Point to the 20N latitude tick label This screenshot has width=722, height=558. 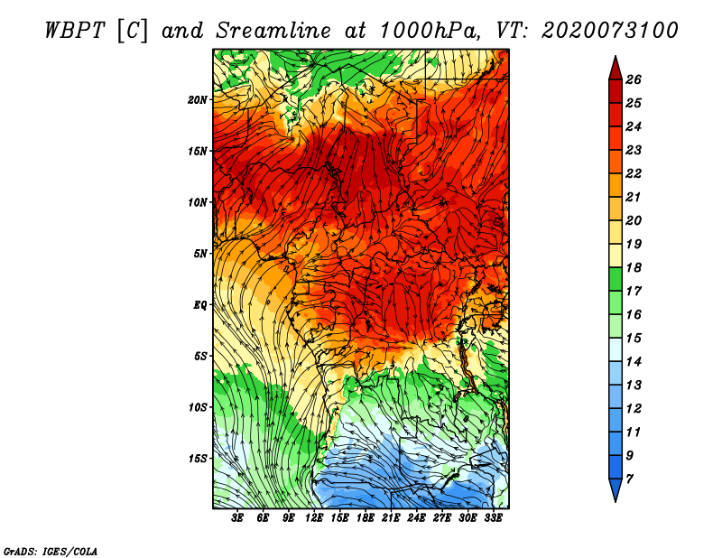198,99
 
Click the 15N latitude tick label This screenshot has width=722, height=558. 198,151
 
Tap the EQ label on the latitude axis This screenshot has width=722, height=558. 200,304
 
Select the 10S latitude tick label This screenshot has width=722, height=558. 198,407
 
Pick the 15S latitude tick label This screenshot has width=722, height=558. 198,459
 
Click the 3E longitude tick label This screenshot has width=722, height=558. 238,518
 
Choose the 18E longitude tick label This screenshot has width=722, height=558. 366,518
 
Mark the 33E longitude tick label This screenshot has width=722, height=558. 493,518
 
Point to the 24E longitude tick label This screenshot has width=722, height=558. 416,518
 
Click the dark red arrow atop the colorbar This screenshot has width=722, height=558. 614,67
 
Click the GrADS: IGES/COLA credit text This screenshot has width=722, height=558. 51,551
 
